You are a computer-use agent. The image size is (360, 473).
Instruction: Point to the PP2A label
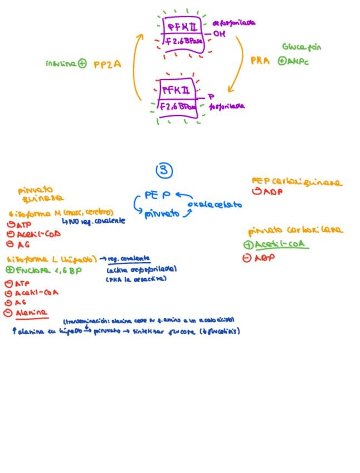pyautogui.click(x=106, y=64)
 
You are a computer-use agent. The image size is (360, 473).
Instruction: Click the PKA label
pyautogui.click(x=260, y=61)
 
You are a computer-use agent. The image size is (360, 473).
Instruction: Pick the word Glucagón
pyautogui.click(x=301, y=47)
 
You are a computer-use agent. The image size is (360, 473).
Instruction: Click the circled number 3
pyautogui.click(x=164, y=170)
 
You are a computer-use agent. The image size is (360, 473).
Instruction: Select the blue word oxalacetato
pyautogui.click(x=215, y=205)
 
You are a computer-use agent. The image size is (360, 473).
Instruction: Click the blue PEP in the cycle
pyautogui.click(x=157, y=195)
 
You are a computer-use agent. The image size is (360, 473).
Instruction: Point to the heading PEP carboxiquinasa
pyautogui.click(x=296, y=182)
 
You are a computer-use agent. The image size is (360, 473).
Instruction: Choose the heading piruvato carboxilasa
pyautogui.click(x=295, y=230)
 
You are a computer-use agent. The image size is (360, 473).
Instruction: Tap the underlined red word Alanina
pyautogui.click(x=31, y=312)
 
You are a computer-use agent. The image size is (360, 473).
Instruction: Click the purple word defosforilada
pyautogui.click(x=234, y=23)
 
